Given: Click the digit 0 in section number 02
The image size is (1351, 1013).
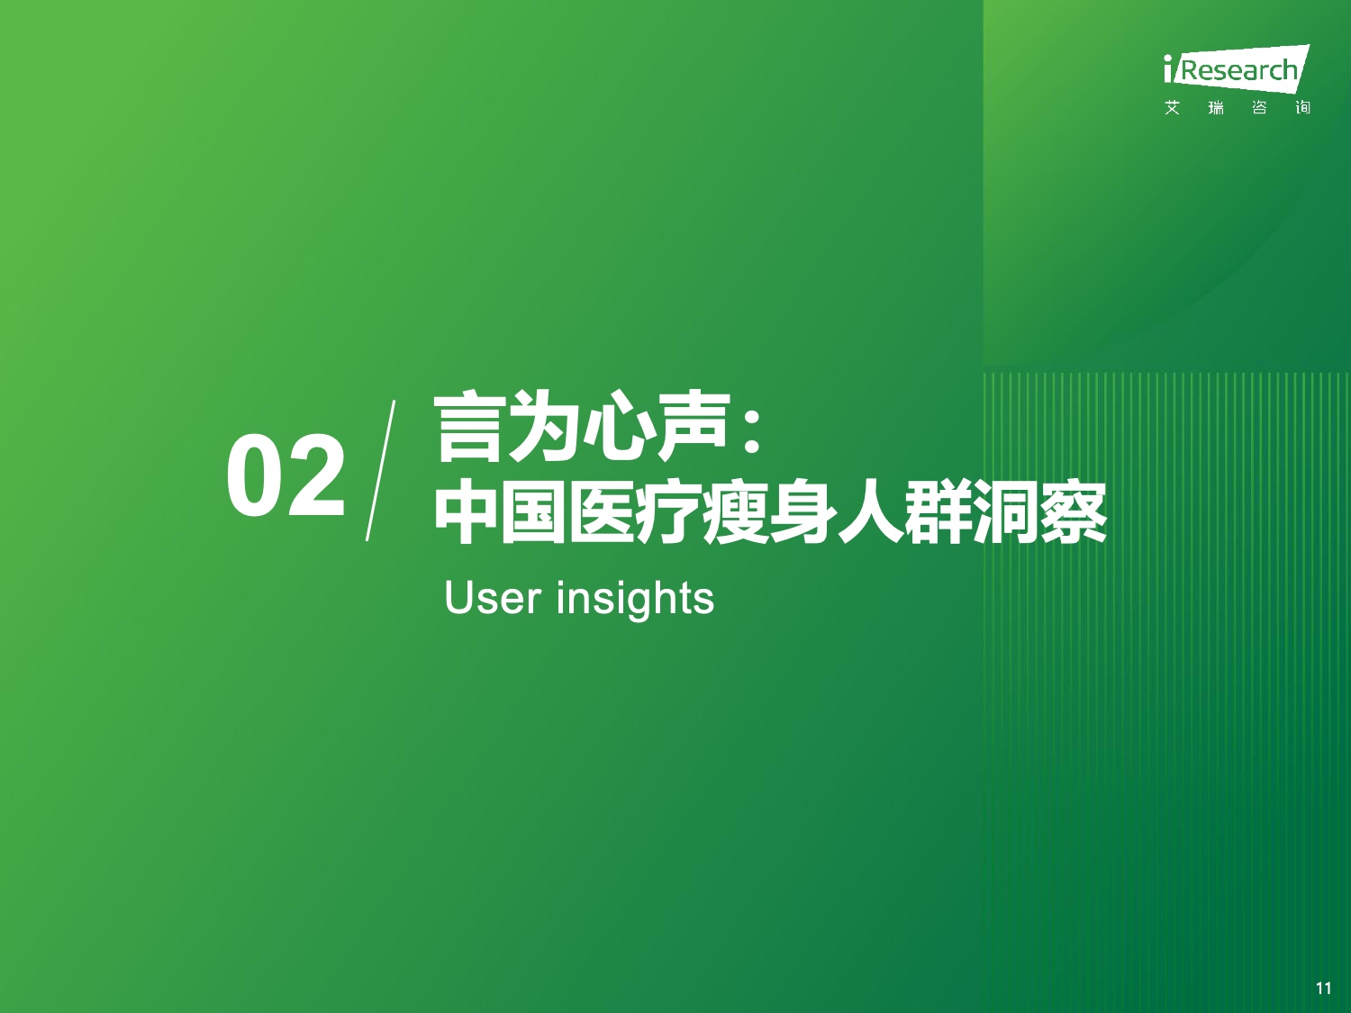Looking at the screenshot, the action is click(x=254, y=475).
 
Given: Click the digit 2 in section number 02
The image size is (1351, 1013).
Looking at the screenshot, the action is click(x=316, y=475).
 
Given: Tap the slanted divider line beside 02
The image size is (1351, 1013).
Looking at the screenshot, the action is click(x=380, y=471).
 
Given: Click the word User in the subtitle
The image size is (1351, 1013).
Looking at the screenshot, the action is click(x=493, y=597).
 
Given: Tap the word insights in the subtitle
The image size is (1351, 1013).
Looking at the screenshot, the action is click(x=635, y=599).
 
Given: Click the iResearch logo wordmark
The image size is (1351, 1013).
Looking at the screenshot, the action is click(x=1237, y=70).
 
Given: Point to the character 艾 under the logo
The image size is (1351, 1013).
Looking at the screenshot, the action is click(x=1173, y=108).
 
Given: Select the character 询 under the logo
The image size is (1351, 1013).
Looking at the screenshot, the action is click(x=1302, y=108).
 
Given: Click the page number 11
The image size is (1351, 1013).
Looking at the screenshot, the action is click(x=1323, y=988).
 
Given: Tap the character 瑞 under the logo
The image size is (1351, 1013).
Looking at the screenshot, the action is click(x=1216, y=108).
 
